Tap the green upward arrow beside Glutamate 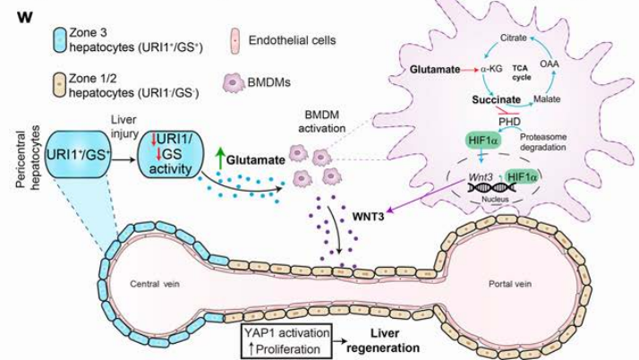[217, 158]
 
